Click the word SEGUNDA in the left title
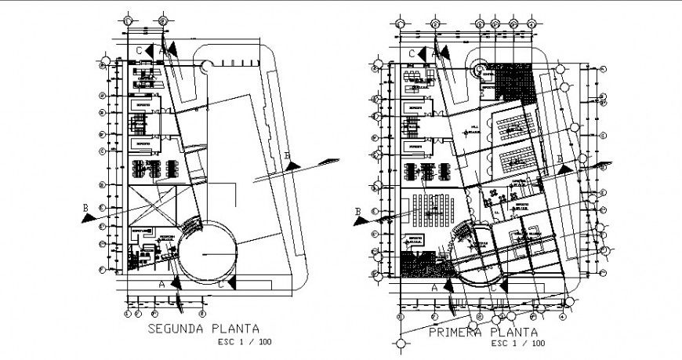click(x=176, y=330)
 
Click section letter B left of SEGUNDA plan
click(x=85, y=207)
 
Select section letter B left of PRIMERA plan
click(x=357, y=211)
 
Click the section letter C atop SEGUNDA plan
click(x=139, y=50)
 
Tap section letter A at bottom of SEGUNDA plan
click(x=161, y=283)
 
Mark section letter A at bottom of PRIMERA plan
click(x=434, y=288)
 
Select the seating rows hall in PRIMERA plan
click(x=429, y=207)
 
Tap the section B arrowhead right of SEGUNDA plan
click(x=292, y=164)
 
